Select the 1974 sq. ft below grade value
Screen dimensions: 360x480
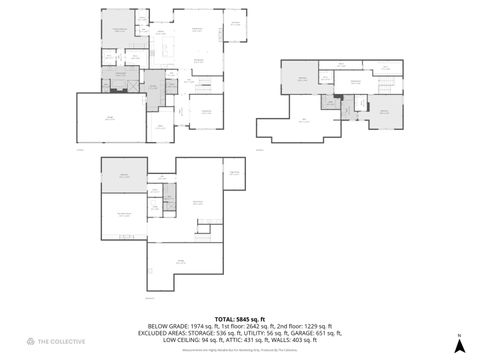[x=187, y=326]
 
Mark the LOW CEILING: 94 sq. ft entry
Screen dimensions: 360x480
[x=183, y=340]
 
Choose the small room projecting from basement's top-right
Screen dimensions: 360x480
[x=234, y=171]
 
